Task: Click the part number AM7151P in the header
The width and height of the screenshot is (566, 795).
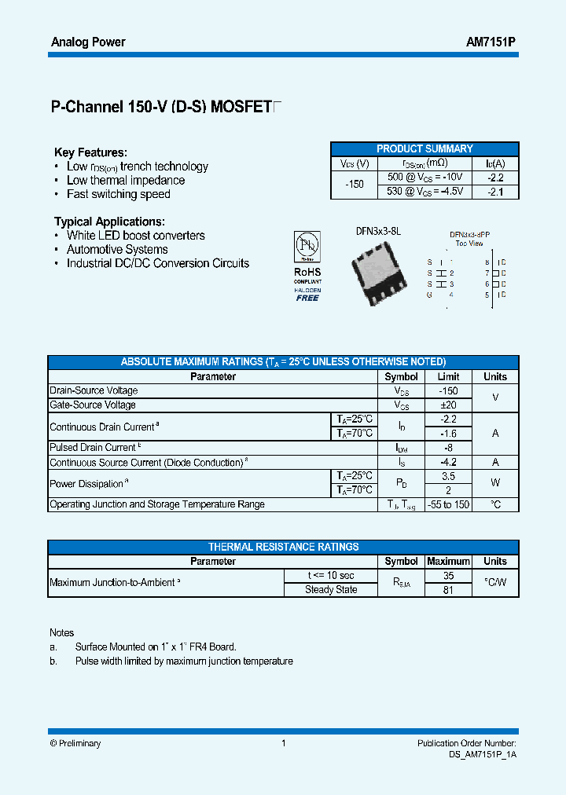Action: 491,42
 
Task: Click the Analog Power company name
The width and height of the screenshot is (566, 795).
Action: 88,42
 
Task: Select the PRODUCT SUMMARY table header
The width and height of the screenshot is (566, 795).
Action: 424,148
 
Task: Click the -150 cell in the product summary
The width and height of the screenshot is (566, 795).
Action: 355,184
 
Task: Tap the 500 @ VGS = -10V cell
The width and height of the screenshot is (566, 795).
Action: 425,177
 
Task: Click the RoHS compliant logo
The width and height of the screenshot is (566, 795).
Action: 307,266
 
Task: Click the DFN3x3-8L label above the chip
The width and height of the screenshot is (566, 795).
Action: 378,231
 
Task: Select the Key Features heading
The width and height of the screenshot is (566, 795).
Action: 90,152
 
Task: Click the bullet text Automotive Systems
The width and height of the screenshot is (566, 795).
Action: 117,249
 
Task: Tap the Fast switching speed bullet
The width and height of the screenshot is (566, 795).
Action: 118,194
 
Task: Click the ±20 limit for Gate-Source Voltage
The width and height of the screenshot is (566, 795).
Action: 448,405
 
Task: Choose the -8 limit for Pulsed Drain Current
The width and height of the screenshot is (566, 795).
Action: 448,447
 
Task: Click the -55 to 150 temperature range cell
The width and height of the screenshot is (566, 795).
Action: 448,504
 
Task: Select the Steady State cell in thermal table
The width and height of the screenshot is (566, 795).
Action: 331,589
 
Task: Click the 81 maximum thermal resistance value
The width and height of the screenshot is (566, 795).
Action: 448,590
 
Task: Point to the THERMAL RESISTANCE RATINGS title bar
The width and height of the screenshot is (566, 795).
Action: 283,547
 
